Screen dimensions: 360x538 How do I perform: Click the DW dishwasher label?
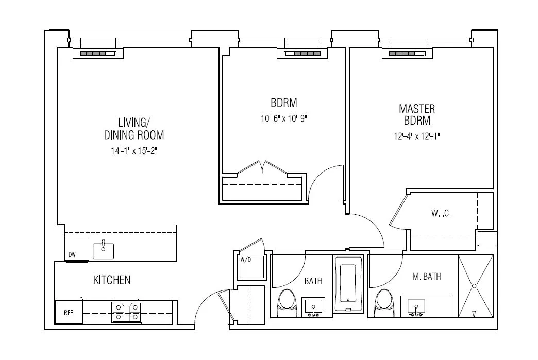coord(71,255)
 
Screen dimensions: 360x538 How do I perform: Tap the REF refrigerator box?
coord(69,312)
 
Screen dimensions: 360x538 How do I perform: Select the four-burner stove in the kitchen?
coord(127,312)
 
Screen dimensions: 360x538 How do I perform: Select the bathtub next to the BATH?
coord(349,283)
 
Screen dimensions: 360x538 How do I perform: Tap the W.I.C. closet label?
coord(441,214)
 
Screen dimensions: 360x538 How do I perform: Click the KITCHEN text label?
coord(111,280)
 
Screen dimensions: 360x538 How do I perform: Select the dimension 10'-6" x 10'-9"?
coord(285,118)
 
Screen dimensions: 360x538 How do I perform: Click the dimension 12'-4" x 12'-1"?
coord(416,136)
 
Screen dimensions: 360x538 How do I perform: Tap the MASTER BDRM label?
coord(416,114)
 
